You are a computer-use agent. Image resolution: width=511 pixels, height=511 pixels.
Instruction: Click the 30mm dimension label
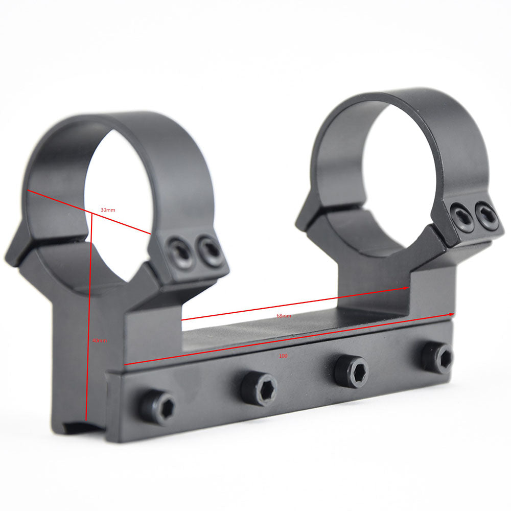[x=107, y=210]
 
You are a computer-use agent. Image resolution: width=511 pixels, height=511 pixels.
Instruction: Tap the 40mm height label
[x=100, y=340]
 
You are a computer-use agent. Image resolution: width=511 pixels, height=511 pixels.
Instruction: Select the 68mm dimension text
[x=284, y=316]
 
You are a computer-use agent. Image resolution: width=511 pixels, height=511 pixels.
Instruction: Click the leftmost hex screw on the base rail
[x=157, y=408]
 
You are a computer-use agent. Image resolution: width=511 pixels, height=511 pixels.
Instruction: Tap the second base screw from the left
[x=259, y=388]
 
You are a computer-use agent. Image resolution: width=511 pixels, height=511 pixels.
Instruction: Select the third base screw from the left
[x=352, y=371]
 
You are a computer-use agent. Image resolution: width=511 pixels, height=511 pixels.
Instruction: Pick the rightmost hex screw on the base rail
[x=437, y=357]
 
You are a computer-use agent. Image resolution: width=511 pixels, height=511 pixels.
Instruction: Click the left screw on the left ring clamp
[x=181, y=251]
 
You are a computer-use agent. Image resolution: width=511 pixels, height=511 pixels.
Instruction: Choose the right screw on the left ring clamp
[x=210, y=250]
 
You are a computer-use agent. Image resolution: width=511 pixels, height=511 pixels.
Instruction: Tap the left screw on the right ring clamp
[x=461, y=217]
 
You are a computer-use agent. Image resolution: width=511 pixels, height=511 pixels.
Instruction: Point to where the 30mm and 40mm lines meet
[x=91, y=214]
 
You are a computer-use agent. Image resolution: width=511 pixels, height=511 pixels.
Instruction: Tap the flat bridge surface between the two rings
[x=286, y=332]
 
